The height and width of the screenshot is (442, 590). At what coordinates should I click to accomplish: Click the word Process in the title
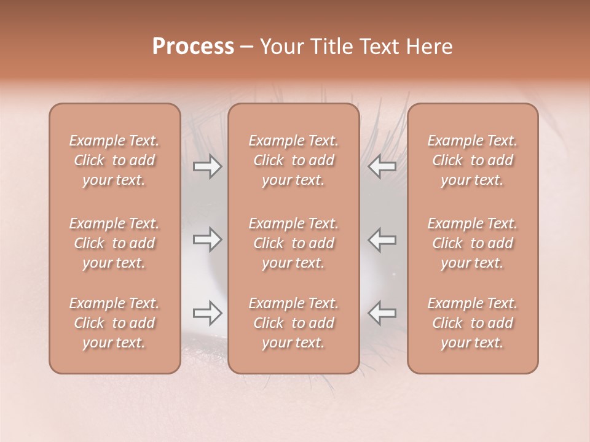[x=193, y=47]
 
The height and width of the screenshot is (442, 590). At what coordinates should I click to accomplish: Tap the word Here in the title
[x=428, y=47]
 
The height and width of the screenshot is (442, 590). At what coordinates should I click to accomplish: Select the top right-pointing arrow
[x=208, y=166]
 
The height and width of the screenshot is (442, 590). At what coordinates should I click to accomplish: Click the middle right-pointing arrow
[x=208, y=239]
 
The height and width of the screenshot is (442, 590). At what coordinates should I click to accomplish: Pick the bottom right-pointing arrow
[x=208, y=313]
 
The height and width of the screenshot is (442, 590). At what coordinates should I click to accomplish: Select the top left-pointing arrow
[x=382, y=166]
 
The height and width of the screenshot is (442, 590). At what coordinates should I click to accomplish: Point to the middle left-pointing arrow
[x=382, y=239]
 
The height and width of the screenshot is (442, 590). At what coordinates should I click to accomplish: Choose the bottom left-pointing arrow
[x=382, y=313]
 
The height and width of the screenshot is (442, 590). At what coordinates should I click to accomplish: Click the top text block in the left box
[x=114, y=160]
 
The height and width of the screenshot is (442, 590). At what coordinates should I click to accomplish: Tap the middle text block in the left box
[x=114, y=243]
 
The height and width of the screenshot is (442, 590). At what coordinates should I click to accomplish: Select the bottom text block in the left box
[x=114, y=323]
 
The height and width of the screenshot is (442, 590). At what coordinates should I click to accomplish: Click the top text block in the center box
[x=294, y=160]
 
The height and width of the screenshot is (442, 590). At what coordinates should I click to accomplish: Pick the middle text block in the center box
[x=294, y=243]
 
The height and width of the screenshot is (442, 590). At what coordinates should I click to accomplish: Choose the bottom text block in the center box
[x=294, y=323]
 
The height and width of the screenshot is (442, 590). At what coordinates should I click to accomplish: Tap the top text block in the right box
[x=473, y=160]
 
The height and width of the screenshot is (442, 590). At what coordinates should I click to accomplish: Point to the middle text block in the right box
[x=473, y=243]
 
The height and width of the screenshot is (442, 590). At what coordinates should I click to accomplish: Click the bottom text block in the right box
[x=473, y=323]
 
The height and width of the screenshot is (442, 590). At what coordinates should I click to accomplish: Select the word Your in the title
[x=280, y=47]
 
